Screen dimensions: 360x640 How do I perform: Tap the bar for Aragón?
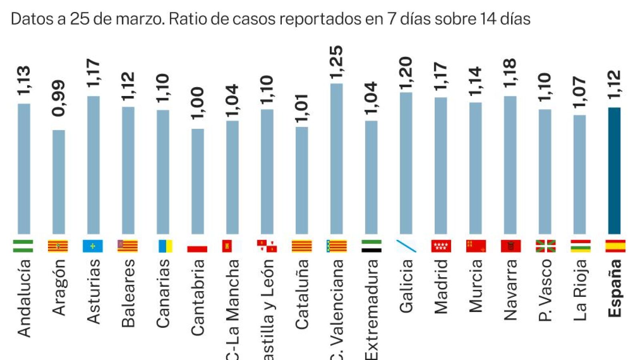coord(58,182)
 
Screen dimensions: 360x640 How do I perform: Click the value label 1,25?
coord(336,62)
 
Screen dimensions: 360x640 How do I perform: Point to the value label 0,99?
coord(58,98)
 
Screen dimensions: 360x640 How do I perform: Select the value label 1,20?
coord(405,73)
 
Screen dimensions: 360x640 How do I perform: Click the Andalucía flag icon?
coord(23,246)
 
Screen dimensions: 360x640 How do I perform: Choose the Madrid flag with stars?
coord(441,246)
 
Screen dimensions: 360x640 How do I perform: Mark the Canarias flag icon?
coord(165,246)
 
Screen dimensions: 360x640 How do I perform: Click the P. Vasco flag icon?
coord(545,246)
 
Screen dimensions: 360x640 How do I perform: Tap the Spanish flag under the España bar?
coord(615,246)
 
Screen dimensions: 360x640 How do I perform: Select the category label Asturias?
coord(93,291)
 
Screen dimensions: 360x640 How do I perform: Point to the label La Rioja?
coord(580,290)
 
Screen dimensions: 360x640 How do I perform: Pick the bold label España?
coord(615,288)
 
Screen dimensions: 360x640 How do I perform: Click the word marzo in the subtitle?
coord(143,19)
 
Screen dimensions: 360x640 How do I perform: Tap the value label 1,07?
coord(580,92)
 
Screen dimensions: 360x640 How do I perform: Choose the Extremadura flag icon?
coord(371,246)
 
